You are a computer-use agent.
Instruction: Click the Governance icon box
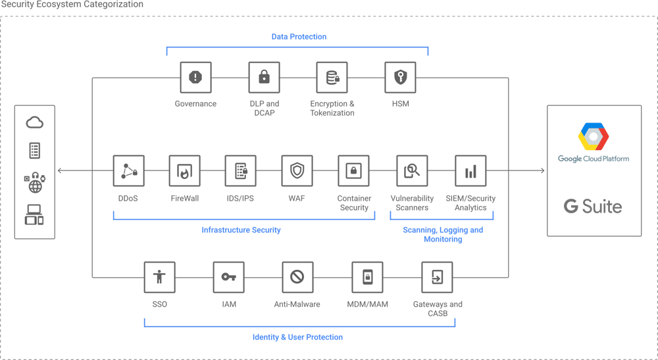tap(195, 78)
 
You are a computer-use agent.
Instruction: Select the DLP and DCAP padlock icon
tap(264, 78)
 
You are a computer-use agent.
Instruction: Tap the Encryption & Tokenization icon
tap(332, 78)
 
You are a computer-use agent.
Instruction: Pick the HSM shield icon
tap(400, 78)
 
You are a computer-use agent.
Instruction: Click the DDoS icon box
tap(128, 171)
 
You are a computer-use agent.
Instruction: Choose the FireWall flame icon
tap(184, 171)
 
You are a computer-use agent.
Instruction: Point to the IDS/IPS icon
tap(241, 171)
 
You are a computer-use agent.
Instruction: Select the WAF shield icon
tap(297, 171)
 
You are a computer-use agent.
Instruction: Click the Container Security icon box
tap(354, 171)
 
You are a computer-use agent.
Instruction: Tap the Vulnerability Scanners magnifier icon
tap(412, 171)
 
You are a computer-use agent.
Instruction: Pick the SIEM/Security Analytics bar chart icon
tap(470, 171)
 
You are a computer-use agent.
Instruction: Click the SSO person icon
tap(160, 277)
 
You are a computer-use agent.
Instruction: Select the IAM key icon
tap(229, 277)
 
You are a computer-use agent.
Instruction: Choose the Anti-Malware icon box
tap(297, 277)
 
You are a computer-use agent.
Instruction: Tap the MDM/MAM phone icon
tap(368, 277)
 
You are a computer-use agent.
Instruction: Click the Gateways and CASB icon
tap(438, 277)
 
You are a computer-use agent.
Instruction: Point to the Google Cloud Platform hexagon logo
tap(594, 137)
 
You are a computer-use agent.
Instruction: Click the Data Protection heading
tap(299, 37)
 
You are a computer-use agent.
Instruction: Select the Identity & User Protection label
tap(297, 337)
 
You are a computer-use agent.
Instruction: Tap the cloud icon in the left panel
tap(34, 122)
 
